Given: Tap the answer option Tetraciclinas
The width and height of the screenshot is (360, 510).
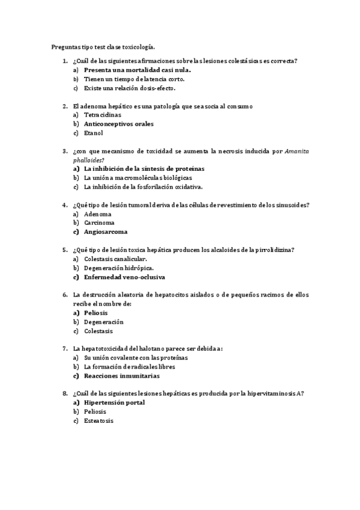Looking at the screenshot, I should pyautogui.click(x=102, y=115).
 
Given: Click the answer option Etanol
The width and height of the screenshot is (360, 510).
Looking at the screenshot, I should pyautogui.click(x=94, y=133).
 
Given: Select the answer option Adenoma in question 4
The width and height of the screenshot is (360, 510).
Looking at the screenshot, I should pyautogui.click(x=97, y=214).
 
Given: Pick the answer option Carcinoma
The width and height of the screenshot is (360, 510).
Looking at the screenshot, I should pyautogui.click(x=99, y=223).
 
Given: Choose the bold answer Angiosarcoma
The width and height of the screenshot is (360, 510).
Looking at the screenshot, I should pyautogui.click(x=106, y=232).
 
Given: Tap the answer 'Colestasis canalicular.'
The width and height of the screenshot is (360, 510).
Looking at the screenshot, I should pyautogui.click(x=115, y=259).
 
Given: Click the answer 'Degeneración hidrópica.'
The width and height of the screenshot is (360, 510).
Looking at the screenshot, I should pyautogui.click(x=118, y=268).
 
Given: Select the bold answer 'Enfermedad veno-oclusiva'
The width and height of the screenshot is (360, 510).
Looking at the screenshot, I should pyautogui.click(x=124, y=277).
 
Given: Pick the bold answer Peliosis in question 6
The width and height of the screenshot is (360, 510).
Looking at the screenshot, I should pyautogui.click(x=96, y=313).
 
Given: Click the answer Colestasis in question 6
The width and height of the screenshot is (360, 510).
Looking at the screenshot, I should pyautogui.click(x=99, y=331).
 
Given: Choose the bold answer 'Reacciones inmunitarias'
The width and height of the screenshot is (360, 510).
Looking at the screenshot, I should pyautogui.click(x=122, y=376).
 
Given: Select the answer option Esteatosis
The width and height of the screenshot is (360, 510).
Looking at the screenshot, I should pyautogui.click(x=99, y=421).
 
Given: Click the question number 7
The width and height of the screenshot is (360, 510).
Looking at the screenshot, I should pyautogui.click(x=64, y=349).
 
